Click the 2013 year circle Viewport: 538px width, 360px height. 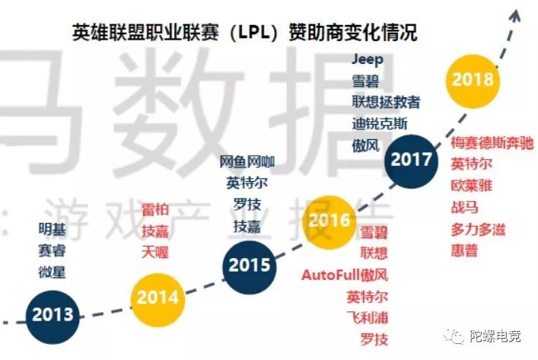(53, 314)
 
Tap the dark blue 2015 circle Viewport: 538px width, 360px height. (250, 266)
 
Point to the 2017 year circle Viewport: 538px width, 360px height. (411, 160)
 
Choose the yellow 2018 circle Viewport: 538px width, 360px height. (472, 79)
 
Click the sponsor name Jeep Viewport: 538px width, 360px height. (368, 59)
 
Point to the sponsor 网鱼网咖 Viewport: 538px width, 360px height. (247, 162)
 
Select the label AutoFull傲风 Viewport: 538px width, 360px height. (345, 275)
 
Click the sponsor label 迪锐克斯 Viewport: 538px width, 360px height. (380, 123)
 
